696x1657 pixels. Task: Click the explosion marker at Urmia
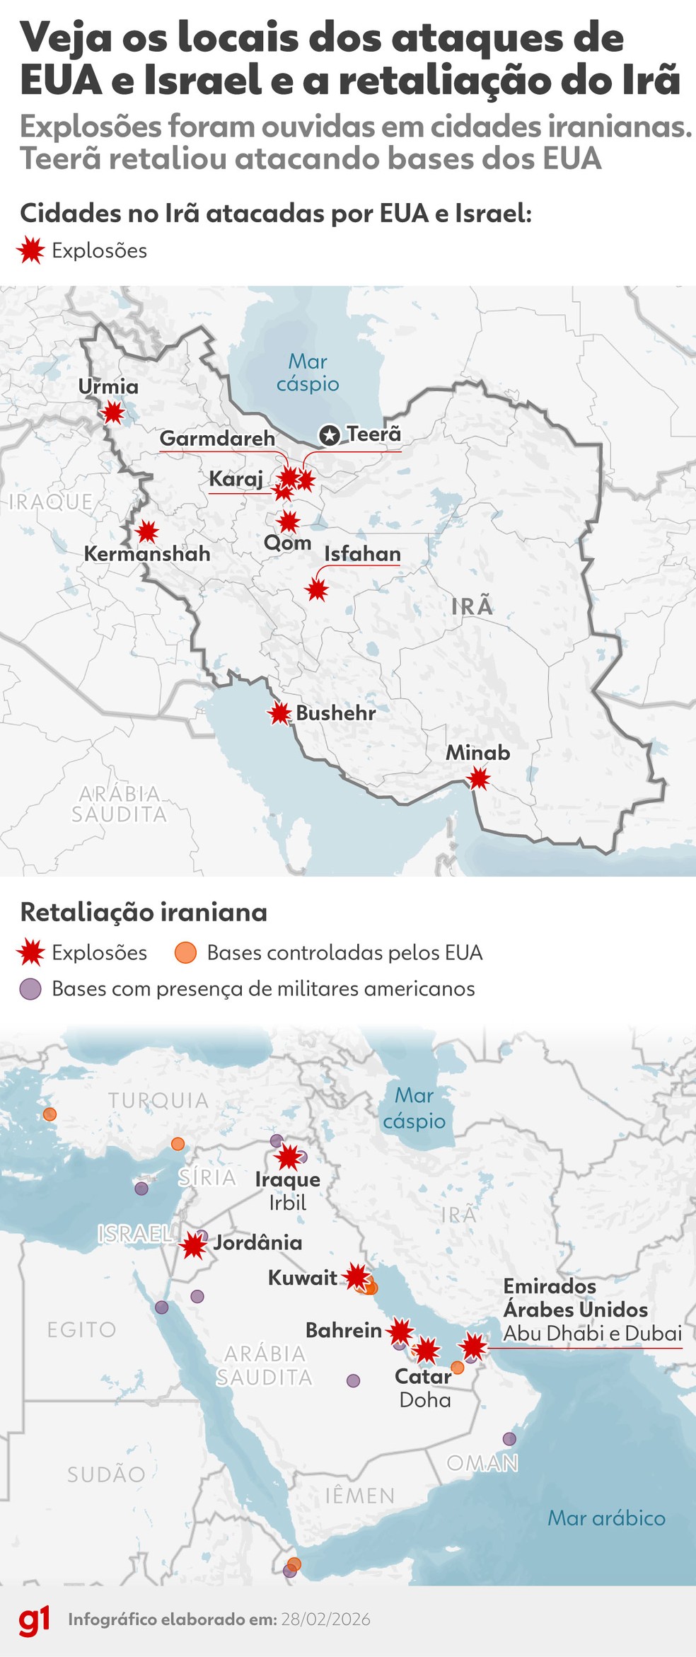tap(113, 412)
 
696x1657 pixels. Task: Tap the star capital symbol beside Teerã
tap(329, 435)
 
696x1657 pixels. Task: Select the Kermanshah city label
tap(147, 553)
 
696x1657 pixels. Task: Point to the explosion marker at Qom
tap(289, 523)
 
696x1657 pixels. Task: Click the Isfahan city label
tap(362, 554)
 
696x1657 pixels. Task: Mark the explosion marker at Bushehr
tap(280, 713)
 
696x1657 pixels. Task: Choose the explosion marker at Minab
tap(479, 779)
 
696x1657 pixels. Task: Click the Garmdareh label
tap(217, 438)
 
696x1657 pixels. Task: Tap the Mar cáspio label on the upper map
tap(308, 372)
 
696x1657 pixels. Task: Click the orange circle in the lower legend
tap(185, 952)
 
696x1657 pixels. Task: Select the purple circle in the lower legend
tap(30, 988)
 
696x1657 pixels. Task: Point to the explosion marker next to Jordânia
tap(193, 1245)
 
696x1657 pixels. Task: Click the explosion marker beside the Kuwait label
tap(356, 1277)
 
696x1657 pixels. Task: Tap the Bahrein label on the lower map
tap(344, 1330)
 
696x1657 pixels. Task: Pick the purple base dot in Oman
tap(509, 1438)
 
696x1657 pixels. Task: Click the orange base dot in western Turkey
tap(50, 1114)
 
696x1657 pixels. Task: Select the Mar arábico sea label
tap(606, 1518)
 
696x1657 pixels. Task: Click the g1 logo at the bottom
tap(34, 1619)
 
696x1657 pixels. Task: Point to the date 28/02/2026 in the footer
tap(325, 1620)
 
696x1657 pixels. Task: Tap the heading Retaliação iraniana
tap(144, 912)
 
